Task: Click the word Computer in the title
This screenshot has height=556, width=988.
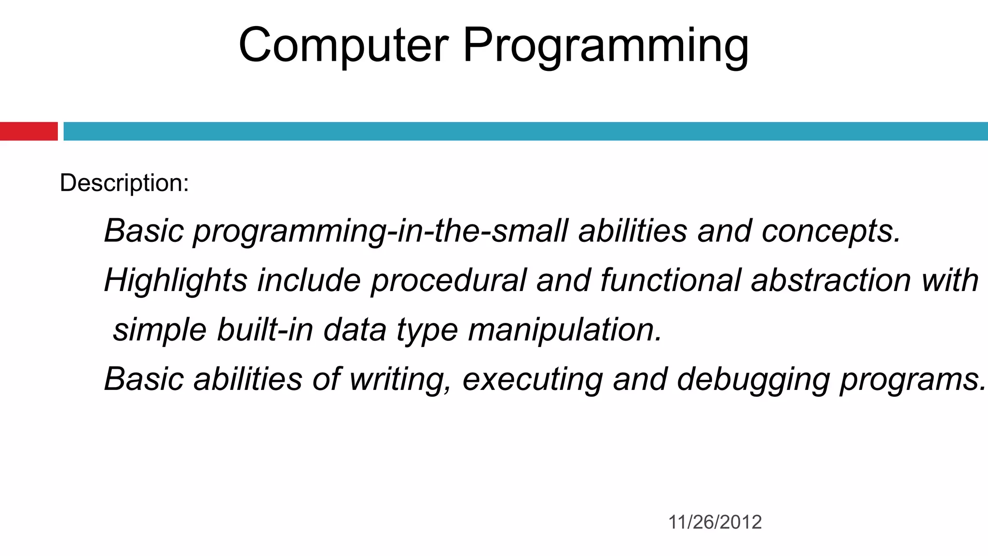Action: (343, 45)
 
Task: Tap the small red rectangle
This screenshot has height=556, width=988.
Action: (28, 131)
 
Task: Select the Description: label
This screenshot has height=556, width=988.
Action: (124, 183)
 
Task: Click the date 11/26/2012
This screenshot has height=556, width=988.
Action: (714, 522)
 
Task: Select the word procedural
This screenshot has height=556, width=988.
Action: (448, 281)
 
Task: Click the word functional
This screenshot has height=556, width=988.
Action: (670, 281)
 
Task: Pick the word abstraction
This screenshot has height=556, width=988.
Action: (830, 281)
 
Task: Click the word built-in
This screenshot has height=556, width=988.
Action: (265, 330)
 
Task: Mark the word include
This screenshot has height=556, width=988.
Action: (309, 281)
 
